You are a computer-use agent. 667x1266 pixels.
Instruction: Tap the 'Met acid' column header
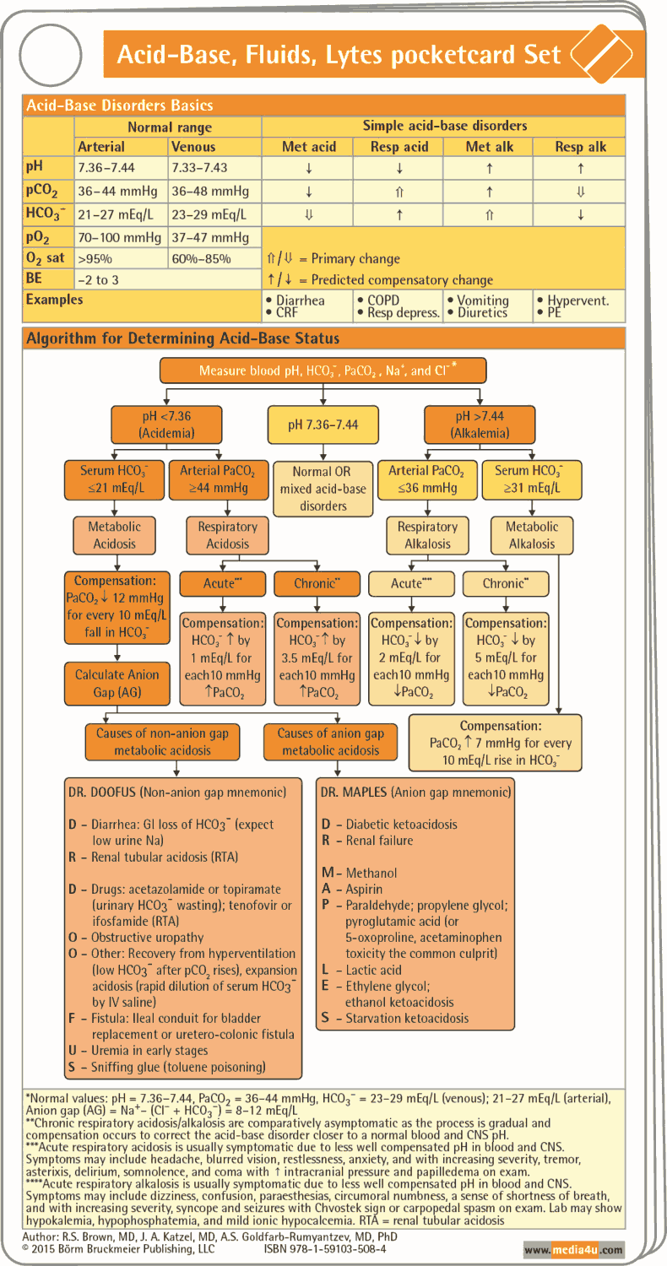click(308, 147)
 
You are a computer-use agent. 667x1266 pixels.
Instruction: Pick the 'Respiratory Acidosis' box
click(227, 535)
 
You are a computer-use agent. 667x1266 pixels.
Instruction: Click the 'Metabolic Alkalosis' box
click(532, 535)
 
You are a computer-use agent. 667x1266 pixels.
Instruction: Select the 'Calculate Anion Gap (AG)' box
click(117, 684)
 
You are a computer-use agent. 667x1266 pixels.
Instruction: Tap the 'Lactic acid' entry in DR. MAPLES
click(373, 971)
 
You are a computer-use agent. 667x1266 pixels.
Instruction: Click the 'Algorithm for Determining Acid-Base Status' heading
click(183, 338)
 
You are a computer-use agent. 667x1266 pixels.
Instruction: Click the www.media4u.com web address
click(573, 1249)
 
